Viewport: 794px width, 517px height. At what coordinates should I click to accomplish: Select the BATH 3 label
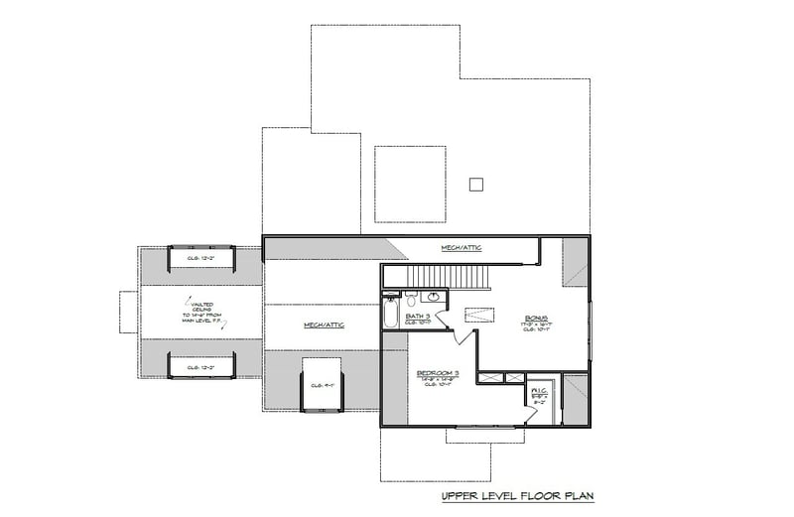[418, 317]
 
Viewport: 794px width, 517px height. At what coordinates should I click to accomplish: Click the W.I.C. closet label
[539, 391]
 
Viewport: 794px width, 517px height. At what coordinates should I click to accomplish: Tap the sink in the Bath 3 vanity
[435, 297]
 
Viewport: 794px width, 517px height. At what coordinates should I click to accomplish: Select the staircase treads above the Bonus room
[446, 275]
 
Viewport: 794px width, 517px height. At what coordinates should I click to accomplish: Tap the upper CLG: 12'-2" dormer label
[201, 258]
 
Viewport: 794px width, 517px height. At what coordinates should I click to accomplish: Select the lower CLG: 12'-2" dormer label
[201, 366]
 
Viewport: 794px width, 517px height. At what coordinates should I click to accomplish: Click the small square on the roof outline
[475, 184]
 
